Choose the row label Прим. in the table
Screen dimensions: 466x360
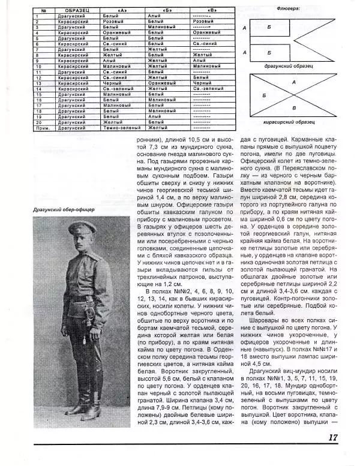pyautogui.click(x=37, y=127)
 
